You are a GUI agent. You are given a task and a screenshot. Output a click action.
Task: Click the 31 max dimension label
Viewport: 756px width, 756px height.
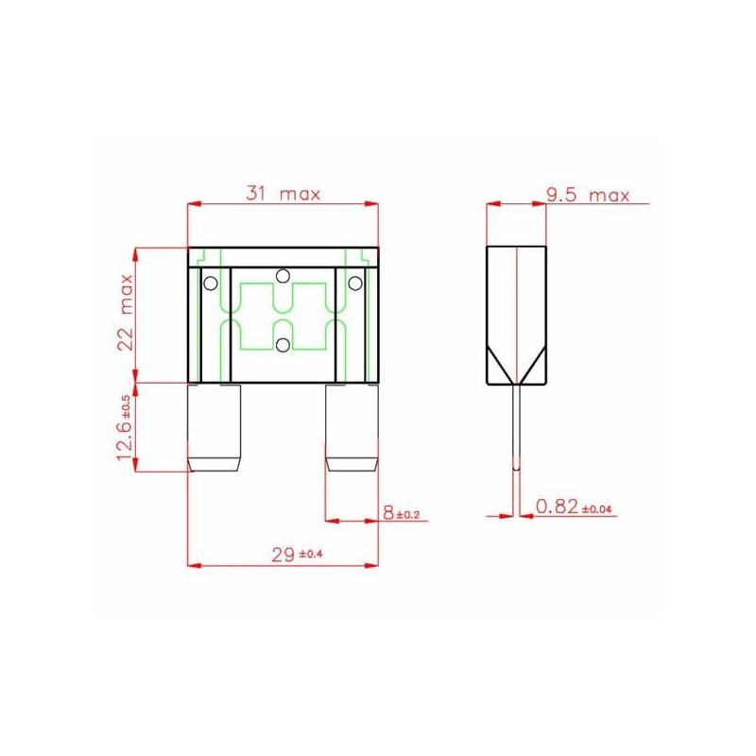tap(283, 194)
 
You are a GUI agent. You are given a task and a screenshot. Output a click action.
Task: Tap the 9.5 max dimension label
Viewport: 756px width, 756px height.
tap(588, 196)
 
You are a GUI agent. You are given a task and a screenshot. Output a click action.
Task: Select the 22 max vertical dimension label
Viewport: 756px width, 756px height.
tap(126, 313)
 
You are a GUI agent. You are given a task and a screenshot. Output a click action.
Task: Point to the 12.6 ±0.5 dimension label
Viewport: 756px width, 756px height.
tap(124, 428)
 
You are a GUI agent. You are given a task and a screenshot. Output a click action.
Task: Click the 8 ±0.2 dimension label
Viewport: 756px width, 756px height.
tap(401, 513)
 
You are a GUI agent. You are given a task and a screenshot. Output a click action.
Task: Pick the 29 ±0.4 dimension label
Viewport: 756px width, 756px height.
tap(297, 555)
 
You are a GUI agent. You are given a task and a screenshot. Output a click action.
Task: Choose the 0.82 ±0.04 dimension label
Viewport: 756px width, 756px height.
tap(574, 507)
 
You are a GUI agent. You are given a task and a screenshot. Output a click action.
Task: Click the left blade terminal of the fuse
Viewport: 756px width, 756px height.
tap(215, 428)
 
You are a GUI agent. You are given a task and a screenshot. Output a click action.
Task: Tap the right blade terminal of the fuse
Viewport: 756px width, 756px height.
tap(352, 428)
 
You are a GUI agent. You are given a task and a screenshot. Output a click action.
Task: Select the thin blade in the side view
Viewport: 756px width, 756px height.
tap(516, 427)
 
